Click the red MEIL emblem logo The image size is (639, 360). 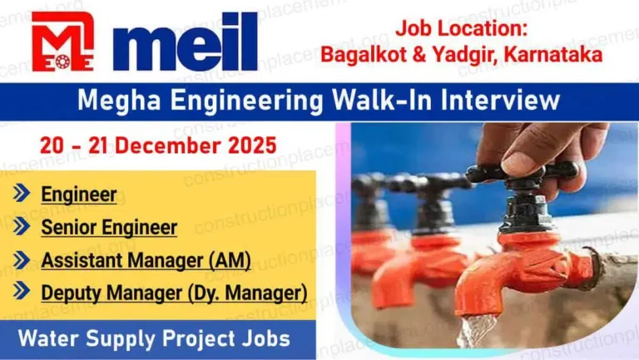[62, 41]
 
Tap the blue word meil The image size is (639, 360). [185, 42]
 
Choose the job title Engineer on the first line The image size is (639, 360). [79, 195]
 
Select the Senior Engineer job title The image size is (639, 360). [109, 227]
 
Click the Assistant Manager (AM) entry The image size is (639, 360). [146, 260]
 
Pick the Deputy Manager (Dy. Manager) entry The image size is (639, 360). [174, 293]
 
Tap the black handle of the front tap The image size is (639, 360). [523, 172]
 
